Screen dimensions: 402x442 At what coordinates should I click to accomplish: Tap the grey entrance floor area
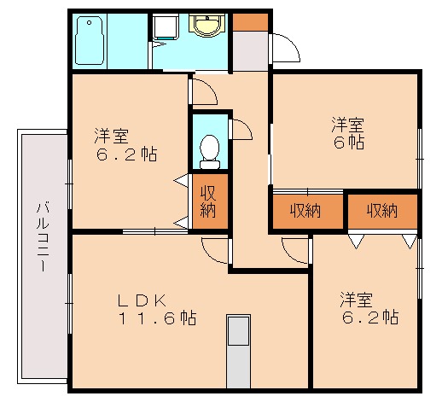(x=250, y=52)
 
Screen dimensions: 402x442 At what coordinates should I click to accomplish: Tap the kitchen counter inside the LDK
(x=237, y=351)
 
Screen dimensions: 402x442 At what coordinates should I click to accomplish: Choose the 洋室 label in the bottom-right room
(x=355, y=300)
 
